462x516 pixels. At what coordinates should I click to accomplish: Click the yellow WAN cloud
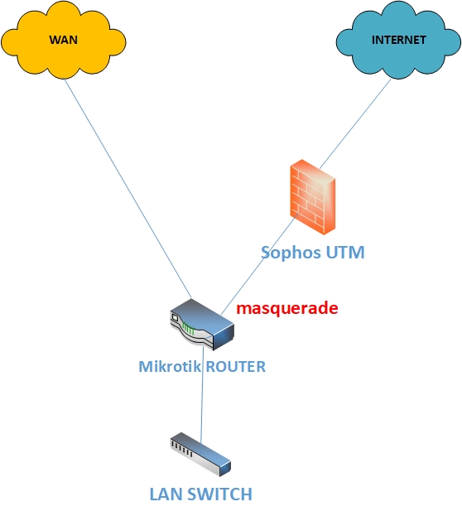pyautogui.click(x=64, y=40)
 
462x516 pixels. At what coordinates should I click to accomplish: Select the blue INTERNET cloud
pyautogui.click(x=398, y=40)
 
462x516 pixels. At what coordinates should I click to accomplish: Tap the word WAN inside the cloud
pyautogui.click(x=64, y=40)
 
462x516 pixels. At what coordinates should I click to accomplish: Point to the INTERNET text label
pyautogui.click(x=399, y=40)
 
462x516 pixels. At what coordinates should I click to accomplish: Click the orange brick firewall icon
pyautogui.click(x=313, y=197)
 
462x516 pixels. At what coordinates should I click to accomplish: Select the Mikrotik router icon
pyautogui.click(x=202, y=325)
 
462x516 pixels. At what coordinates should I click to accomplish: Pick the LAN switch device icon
pyautogui.click(x=200, y=455)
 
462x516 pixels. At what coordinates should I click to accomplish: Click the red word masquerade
pyautogui.click(x=287, y=308)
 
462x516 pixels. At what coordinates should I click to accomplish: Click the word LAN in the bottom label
pyautogui.click(x=165, y=494)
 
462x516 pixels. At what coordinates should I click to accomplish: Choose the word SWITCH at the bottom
pyautogui.click(x=219, y=494)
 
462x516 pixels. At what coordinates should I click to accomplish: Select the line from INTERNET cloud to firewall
pyautogui.click(x=355, y=123)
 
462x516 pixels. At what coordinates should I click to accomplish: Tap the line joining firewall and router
pyautogui.click(x=259, y=263)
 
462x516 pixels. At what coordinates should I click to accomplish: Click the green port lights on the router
pyautogui.click(x=189, y=329)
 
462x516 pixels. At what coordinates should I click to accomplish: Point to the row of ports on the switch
pyautogui.click(x=181, y=449)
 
